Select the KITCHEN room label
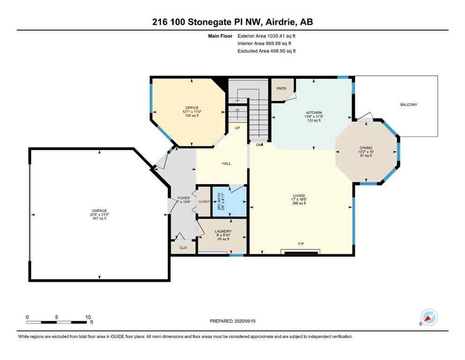[313, 113]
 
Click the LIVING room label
[299, 195]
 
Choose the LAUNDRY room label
[221, 231]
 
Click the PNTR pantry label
[281, 88]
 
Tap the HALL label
[226, 163]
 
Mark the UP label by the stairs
[237, 127]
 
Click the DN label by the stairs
[258, 145]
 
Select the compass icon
[429, 317]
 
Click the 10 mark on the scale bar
[88, 317]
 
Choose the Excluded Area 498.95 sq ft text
[266, 51]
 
